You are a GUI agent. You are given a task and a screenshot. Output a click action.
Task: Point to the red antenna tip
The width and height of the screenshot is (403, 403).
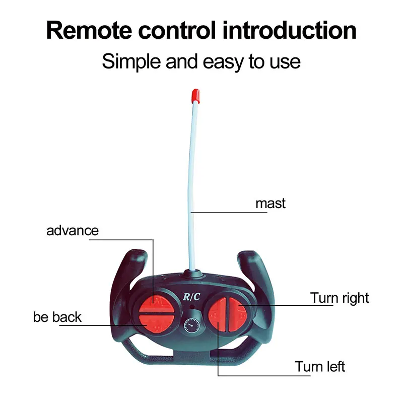195,95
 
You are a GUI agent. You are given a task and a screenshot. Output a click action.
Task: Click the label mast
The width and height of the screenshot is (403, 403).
271,204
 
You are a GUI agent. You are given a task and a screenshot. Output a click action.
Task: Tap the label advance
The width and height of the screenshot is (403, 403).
73,231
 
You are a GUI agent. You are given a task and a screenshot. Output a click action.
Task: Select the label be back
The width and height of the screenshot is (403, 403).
57,317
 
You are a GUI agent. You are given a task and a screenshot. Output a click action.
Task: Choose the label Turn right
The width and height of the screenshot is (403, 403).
340,298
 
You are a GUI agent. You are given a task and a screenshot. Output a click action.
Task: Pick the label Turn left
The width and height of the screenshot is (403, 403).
320,366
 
